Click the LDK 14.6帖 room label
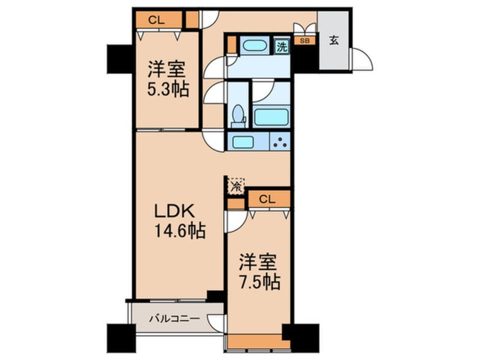[x=180, y=221]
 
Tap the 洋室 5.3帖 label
[x=168, y=79]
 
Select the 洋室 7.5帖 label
[x=259, y=272]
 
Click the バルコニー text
[x=175, y=319]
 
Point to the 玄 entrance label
[x=334, y=40]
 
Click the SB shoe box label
[x=305, y=40]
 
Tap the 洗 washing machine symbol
[x=282, y=47]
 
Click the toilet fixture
[x=238, y=116]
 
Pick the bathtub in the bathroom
[x=271, y=117]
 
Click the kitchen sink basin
[x=243, y=142]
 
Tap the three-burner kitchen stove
[x=280, y=141]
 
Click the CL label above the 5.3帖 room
[x=157, y=20]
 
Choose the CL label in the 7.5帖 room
[x=267, y=199]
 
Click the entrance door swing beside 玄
[x=361, y=59]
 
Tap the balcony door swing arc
[x=216, y=323]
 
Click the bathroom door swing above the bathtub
[x=263, y=91]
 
